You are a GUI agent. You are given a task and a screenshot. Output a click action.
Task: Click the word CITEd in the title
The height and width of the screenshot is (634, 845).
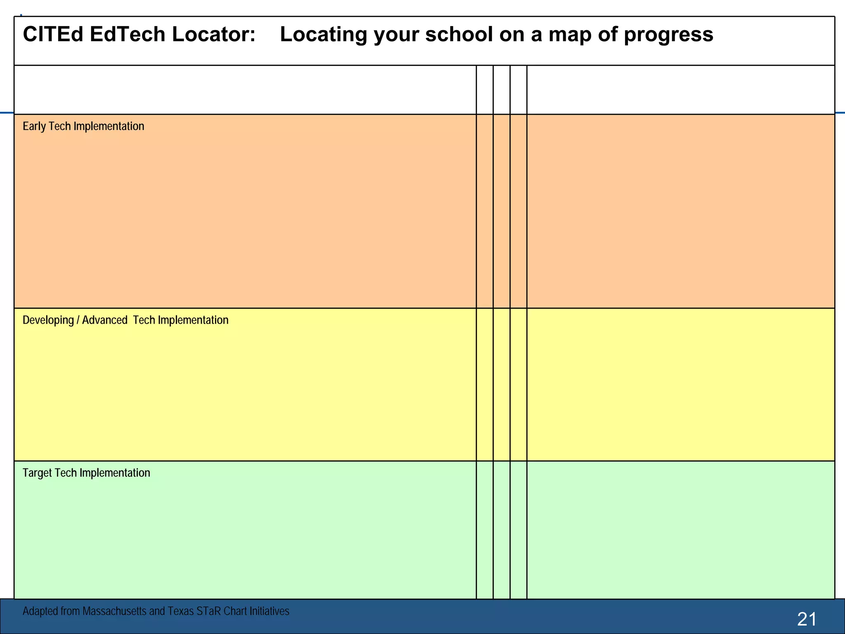(x=53, y=34)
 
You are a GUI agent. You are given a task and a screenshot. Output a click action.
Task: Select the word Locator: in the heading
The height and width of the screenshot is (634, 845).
(x=214, y=34)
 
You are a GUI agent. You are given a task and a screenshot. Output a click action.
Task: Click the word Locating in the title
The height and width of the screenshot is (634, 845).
(x=323, y=34)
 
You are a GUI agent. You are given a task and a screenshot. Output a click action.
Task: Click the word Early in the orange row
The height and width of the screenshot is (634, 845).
(x=34, y=126)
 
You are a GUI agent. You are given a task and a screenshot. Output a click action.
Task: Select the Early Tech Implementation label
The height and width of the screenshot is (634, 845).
(x=83, y=126)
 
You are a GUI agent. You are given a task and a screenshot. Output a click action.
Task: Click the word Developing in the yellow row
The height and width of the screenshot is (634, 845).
(x=48, y=320)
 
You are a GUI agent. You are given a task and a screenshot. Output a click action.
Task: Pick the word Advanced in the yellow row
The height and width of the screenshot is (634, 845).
(x=105, y=320)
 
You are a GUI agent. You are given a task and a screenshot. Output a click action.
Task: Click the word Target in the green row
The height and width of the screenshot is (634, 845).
(x=37, y=473)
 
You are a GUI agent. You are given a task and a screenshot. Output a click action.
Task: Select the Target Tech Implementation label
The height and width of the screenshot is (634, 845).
(x=86, y=473)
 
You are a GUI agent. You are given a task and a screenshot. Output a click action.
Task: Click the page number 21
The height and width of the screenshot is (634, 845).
(x=807, y=619)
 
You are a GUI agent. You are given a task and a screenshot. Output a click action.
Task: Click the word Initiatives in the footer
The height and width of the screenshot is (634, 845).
(x=270, y=611)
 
